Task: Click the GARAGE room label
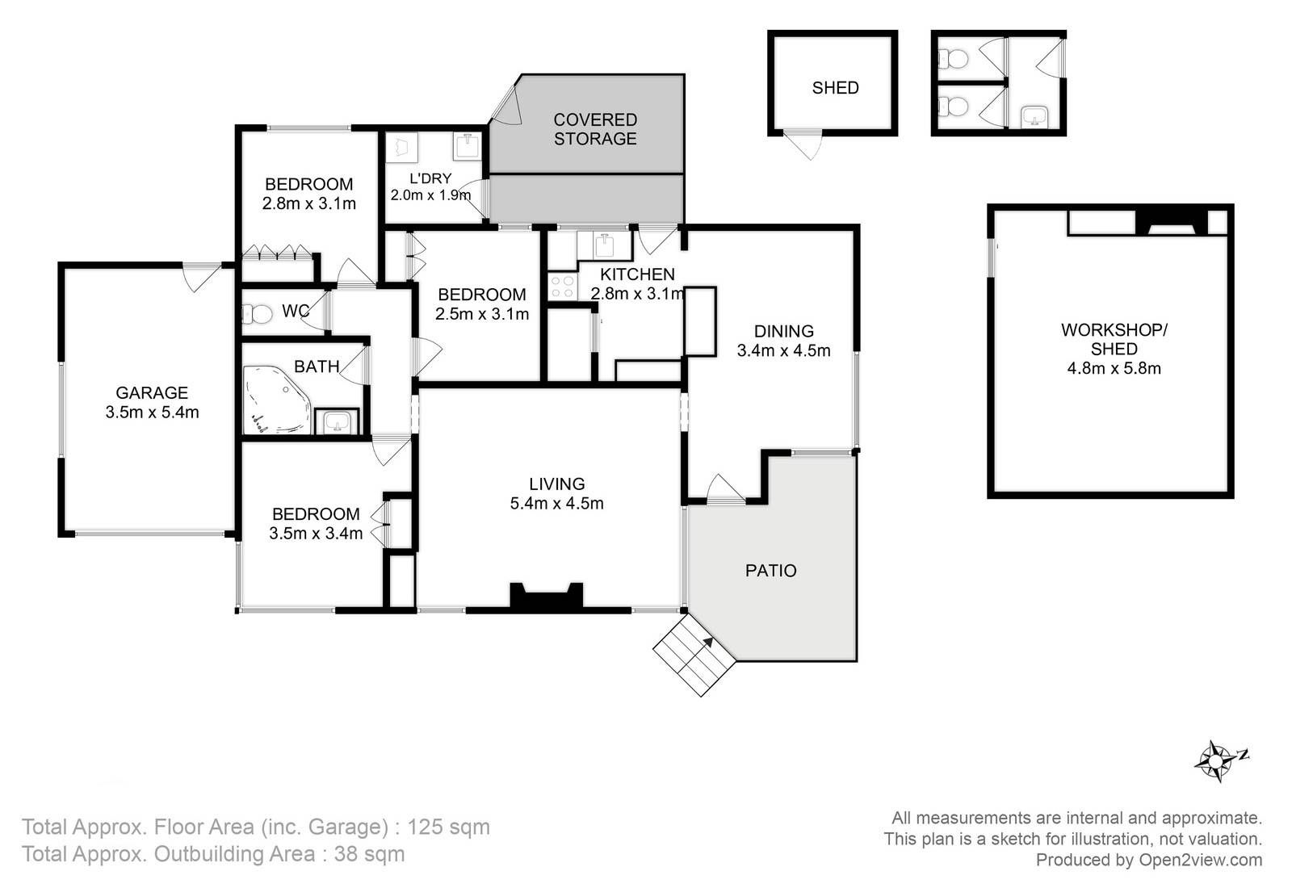pos(152,392)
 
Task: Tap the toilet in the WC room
pos(258,315)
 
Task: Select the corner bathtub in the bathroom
pos(277,399)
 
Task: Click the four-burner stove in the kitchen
pos(562,287)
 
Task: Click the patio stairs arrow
pos(707,641)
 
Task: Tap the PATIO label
pos(770,571)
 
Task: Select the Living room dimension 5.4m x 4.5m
pos(556,504)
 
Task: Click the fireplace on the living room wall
pos(546,596)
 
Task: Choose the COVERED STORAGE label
pos(595,129)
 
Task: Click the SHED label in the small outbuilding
pos(835,88)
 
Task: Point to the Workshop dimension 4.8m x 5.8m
pos(1114,368)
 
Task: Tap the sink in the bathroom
pos(336,421)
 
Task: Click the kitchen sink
pos(605,245)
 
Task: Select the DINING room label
pos(784,331)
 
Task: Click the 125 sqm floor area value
pos(449,827)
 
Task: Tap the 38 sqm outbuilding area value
pos(369,854)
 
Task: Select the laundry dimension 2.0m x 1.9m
pos(430,195)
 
